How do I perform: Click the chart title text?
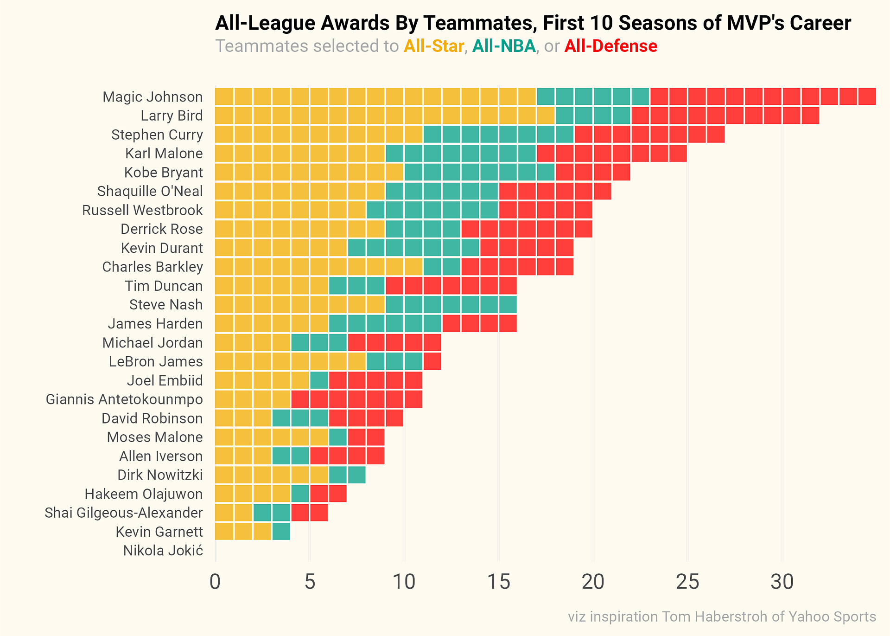(533, 23)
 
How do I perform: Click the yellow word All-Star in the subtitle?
(434, 46)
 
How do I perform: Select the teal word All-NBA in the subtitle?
(504, 46)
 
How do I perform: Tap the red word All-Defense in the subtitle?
(610, 46)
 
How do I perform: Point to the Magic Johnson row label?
(153, 97)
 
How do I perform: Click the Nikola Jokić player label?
(163, 551)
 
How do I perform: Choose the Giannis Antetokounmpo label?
(124, 399)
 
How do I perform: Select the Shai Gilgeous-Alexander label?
(124, 513)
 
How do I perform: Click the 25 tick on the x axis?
(687, 583)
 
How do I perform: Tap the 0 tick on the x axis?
(215, 583)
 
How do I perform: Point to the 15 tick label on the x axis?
(499, 583)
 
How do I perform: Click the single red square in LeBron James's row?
(432, 361)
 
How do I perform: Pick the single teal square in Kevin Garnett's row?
(281, 532)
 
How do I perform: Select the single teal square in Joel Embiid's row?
(319, 380)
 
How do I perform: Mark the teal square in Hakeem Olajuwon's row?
(300, 494)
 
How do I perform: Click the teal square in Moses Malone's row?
(338, 437)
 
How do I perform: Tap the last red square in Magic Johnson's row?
(867, 96)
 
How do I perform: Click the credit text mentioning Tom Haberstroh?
(722, 617)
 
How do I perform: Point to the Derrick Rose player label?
(161, 229)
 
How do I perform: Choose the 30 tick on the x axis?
(782, 583)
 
